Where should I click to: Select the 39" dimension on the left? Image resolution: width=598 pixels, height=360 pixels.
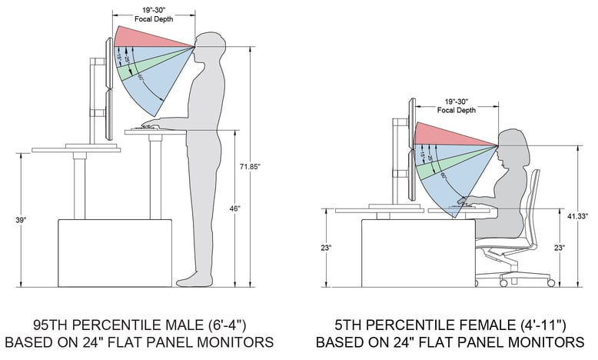coord(21,220)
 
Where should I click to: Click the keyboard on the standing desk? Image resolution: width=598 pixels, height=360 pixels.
coord(151,127)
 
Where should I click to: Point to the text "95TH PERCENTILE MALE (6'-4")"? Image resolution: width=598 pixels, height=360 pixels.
coord(139,323)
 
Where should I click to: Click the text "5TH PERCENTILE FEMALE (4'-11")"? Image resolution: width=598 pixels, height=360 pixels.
coord(450,323)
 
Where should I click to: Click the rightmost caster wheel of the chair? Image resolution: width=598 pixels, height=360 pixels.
coord(550,283)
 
